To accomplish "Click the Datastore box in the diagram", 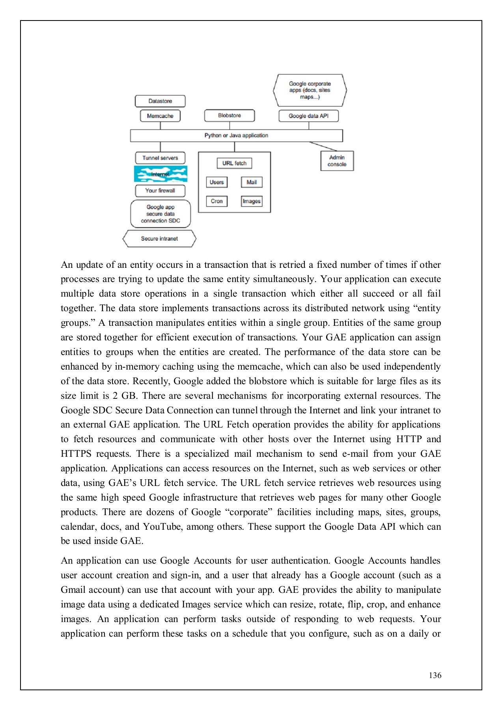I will (160, 101).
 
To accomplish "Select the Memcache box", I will (160, 116).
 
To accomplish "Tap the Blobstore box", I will (230, 116).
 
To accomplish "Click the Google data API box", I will (308, 116).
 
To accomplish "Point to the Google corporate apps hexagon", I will (310, 90).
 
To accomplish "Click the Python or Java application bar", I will (236, 135).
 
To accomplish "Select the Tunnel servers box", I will (160, 158).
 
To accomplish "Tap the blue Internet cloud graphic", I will (160, 174).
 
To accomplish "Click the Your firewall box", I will (160, 191).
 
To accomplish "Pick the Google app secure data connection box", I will (160, 214).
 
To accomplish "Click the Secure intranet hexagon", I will (159, 239).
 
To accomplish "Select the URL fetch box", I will (234, 163).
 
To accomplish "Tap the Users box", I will (216, 182).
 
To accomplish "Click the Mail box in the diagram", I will (252, 182).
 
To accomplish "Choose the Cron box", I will (216, 201).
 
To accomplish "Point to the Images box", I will (252, 201).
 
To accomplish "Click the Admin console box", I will (337, 161).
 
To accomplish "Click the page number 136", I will (435, 675).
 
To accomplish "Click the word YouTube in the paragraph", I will (162, 527).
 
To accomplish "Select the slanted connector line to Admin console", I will (323, 146).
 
